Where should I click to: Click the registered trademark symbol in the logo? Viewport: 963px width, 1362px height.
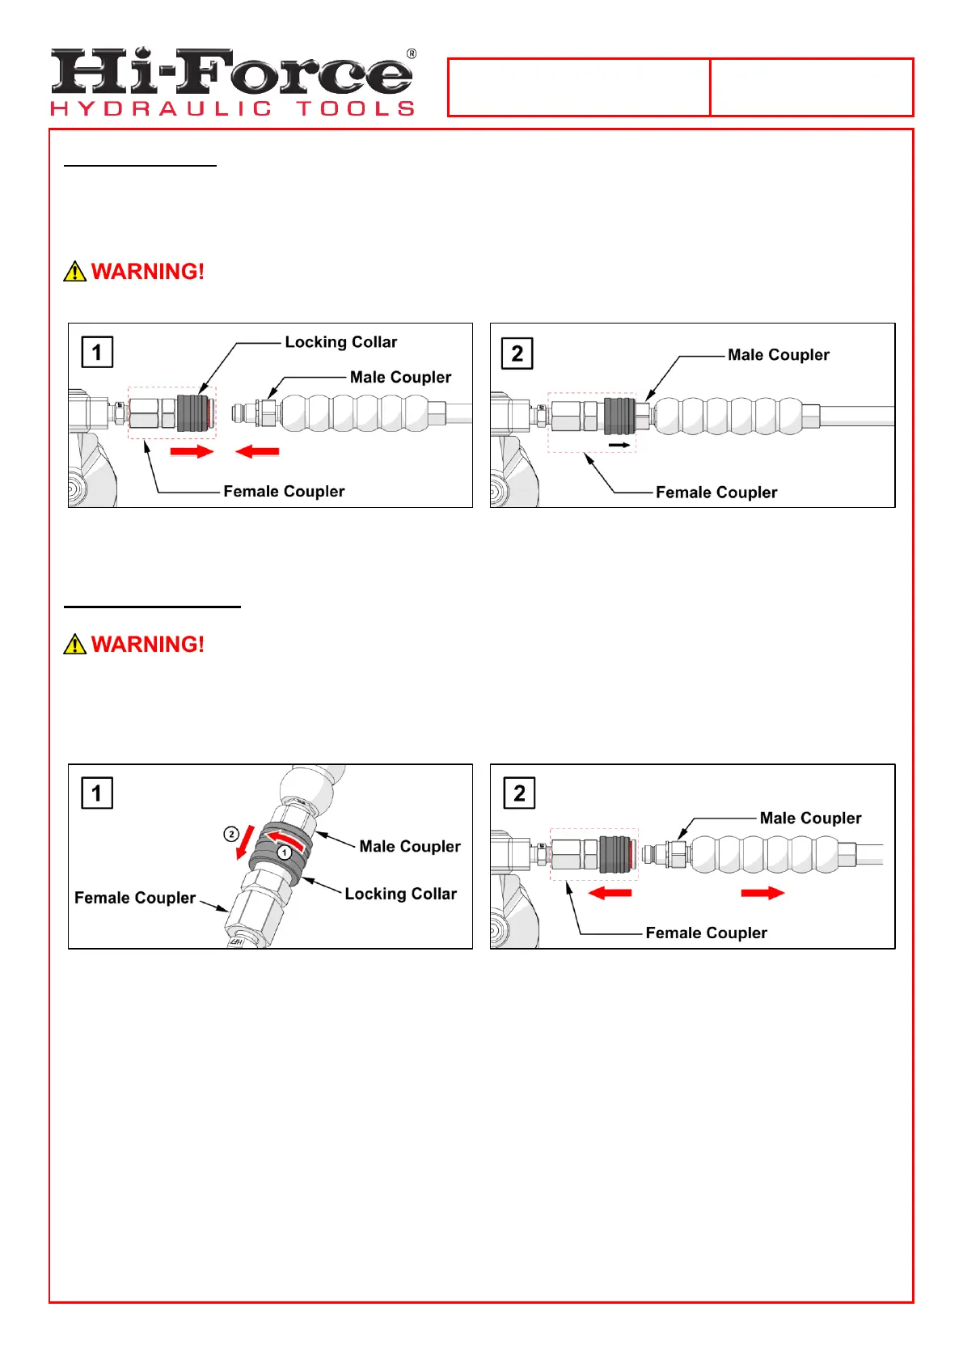coord(412,54)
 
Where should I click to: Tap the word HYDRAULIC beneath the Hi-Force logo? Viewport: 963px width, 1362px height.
coord(161,108)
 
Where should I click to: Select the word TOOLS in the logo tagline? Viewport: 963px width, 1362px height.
coord(355,108)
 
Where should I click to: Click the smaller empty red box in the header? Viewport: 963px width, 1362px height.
coord(812,87)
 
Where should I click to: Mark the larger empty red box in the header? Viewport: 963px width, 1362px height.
coord(579,87)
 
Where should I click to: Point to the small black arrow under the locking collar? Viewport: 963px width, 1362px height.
coord(619,445)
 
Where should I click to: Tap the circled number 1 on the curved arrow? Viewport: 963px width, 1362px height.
coord(285,852)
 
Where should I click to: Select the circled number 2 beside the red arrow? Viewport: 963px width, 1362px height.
coord(231,834)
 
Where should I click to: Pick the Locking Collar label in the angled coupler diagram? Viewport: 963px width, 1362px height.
coord(400,894)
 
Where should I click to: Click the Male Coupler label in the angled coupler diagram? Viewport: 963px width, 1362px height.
coord(410,846)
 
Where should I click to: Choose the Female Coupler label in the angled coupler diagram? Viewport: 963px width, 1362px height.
coord(135,898)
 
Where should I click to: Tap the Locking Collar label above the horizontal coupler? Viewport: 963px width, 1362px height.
coord(340,342)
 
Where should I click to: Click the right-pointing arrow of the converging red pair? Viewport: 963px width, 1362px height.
coord(192,451)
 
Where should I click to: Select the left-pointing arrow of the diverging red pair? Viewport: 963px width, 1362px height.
coord(610,893)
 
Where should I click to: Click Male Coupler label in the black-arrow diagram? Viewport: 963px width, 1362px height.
coord(778,355)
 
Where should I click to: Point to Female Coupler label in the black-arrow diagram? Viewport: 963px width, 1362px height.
coord(716,493)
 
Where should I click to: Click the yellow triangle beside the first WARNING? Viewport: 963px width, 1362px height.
coord(74,272)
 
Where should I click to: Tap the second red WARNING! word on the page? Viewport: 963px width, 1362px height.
coord(147,645)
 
